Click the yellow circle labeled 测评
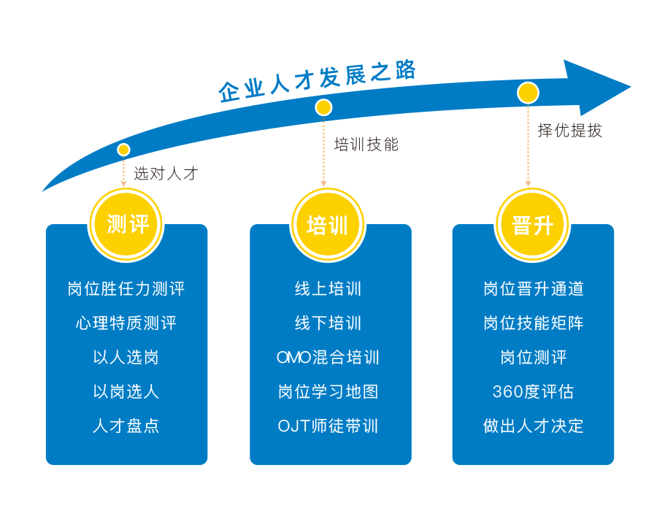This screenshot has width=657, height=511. [127, 224]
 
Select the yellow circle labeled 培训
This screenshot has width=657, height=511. [328, 224]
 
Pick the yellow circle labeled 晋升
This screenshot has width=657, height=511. [532, 224]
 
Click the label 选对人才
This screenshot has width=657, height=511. [166, 174]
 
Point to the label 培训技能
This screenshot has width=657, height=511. [366, 145]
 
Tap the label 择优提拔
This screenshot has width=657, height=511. [570, 131]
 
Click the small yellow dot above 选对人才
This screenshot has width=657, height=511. [123, 150]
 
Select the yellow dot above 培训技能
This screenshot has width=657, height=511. [323, 108]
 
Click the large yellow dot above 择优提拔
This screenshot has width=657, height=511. [528, 93]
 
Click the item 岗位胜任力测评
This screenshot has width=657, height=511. [126, 289]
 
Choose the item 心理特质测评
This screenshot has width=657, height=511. [126, 323]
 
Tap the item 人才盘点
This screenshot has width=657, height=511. [126, 426]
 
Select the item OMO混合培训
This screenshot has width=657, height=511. [328, 358]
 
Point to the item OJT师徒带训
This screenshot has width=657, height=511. [328, 426]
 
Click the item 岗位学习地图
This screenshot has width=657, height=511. [328, 392]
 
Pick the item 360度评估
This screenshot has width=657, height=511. [533, 392]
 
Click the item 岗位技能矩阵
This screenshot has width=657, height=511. [533, 323]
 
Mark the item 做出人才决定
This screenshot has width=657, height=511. [533, 426]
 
